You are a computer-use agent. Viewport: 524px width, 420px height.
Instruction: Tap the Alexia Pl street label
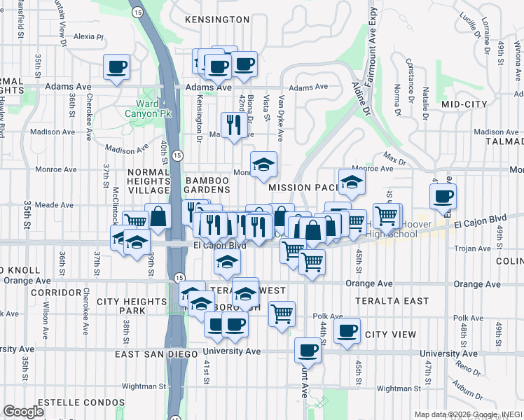[88, 36]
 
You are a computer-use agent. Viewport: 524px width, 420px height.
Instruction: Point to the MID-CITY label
[464, 104]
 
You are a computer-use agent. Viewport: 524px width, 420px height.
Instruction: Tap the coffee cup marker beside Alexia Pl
[117, 67]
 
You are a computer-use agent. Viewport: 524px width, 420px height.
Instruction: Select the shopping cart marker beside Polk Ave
[282, 313]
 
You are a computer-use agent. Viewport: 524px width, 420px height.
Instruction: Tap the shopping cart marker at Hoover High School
[387, 215]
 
